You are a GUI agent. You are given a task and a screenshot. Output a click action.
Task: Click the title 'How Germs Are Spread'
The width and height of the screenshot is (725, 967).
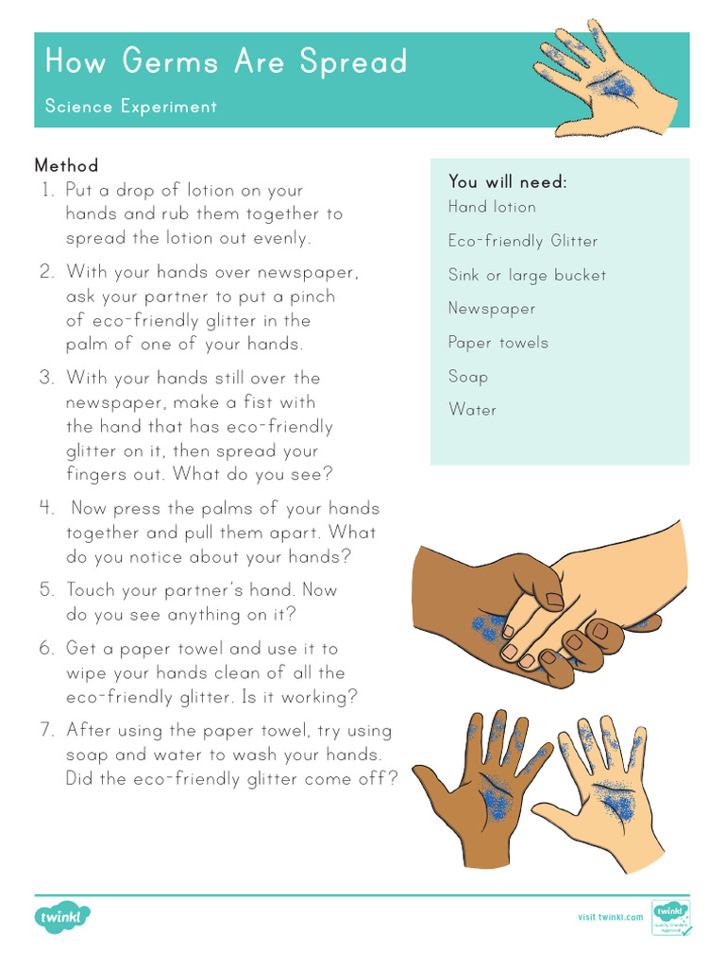(x=226, y=62)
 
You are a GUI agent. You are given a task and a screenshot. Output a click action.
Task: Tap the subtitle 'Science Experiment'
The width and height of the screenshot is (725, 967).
(x=130, y=107)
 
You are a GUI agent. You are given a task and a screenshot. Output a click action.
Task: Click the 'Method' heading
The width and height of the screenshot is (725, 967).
(x=66, y=165)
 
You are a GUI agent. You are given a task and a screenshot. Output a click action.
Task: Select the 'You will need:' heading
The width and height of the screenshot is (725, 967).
(x=507, y=181)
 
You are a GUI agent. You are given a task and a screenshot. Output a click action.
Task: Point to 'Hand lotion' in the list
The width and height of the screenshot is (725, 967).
(x=492, y=207)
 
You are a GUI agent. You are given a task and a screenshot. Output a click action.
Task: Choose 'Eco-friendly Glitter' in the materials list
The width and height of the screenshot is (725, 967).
(x=523, y=241)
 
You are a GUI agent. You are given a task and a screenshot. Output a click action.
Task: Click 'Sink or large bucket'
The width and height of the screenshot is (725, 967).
(x=527, y=275)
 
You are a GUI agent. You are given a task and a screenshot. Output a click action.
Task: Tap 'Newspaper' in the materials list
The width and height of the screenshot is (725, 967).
(x=492, y=309)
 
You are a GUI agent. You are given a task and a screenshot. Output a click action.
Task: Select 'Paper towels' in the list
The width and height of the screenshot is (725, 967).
(x=497, y=343)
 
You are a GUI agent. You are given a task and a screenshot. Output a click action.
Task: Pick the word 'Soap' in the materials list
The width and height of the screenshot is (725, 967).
(x=468, y=377)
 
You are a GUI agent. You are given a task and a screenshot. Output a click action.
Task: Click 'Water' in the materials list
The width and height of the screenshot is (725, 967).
(x=472, y=410)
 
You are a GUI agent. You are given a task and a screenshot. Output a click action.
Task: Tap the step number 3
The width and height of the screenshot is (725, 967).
(x=47, y=378)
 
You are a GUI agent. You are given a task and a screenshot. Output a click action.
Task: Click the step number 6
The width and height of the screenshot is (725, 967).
(x=47, y=649)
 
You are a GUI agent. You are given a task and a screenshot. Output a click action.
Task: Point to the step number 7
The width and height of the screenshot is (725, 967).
(x=47, y=730)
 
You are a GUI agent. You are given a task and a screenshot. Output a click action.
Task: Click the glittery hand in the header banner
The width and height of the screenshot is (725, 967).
(x=604, y=80)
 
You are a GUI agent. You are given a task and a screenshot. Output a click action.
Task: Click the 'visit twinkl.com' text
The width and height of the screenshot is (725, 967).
(x=610, y=917)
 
